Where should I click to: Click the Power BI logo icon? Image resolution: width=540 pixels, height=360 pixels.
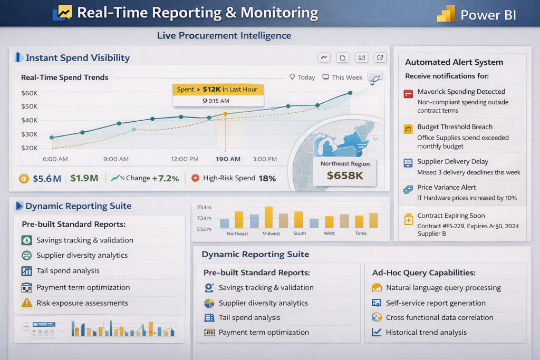[446, 14]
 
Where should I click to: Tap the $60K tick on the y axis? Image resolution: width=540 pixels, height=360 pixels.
[29, 93]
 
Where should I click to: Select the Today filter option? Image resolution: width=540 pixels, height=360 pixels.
[303, 77]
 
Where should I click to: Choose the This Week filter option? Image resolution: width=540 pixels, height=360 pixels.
[343, 77]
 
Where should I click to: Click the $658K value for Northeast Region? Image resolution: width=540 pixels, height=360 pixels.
[345, 176]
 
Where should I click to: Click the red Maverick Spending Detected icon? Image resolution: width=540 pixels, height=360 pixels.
[408, 94]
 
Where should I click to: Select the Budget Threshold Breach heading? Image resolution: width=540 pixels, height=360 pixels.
[455, 127]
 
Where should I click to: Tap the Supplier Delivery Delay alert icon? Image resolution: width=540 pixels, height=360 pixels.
[408, 163]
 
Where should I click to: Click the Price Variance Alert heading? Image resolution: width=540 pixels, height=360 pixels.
[446, 187]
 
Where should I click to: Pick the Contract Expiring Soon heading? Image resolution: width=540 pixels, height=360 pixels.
[451, 216]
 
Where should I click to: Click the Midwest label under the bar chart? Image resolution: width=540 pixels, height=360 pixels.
[271, 233]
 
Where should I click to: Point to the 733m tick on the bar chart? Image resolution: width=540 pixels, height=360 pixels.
[204, 208]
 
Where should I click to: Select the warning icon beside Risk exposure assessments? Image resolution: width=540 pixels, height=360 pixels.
[26, 303]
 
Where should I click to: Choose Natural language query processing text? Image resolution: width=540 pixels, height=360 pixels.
[443, 288]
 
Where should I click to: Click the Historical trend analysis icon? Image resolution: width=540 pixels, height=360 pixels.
[377, 333]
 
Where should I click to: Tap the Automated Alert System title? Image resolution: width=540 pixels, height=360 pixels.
[454, 62]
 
